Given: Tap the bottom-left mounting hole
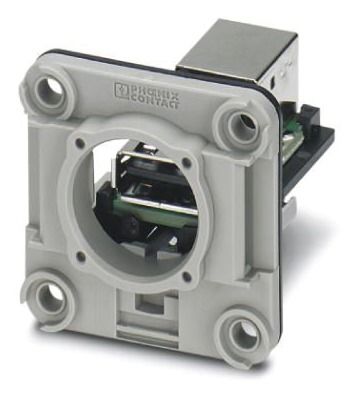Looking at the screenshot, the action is coord(50,297).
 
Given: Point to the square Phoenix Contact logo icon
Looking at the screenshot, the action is coord(121,90).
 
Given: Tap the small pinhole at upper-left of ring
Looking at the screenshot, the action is coord(80,144).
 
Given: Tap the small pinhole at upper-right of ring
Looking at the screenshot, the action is coord(187,163).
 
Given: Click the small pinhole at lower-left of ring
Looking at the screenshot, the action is coord(80,256).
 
